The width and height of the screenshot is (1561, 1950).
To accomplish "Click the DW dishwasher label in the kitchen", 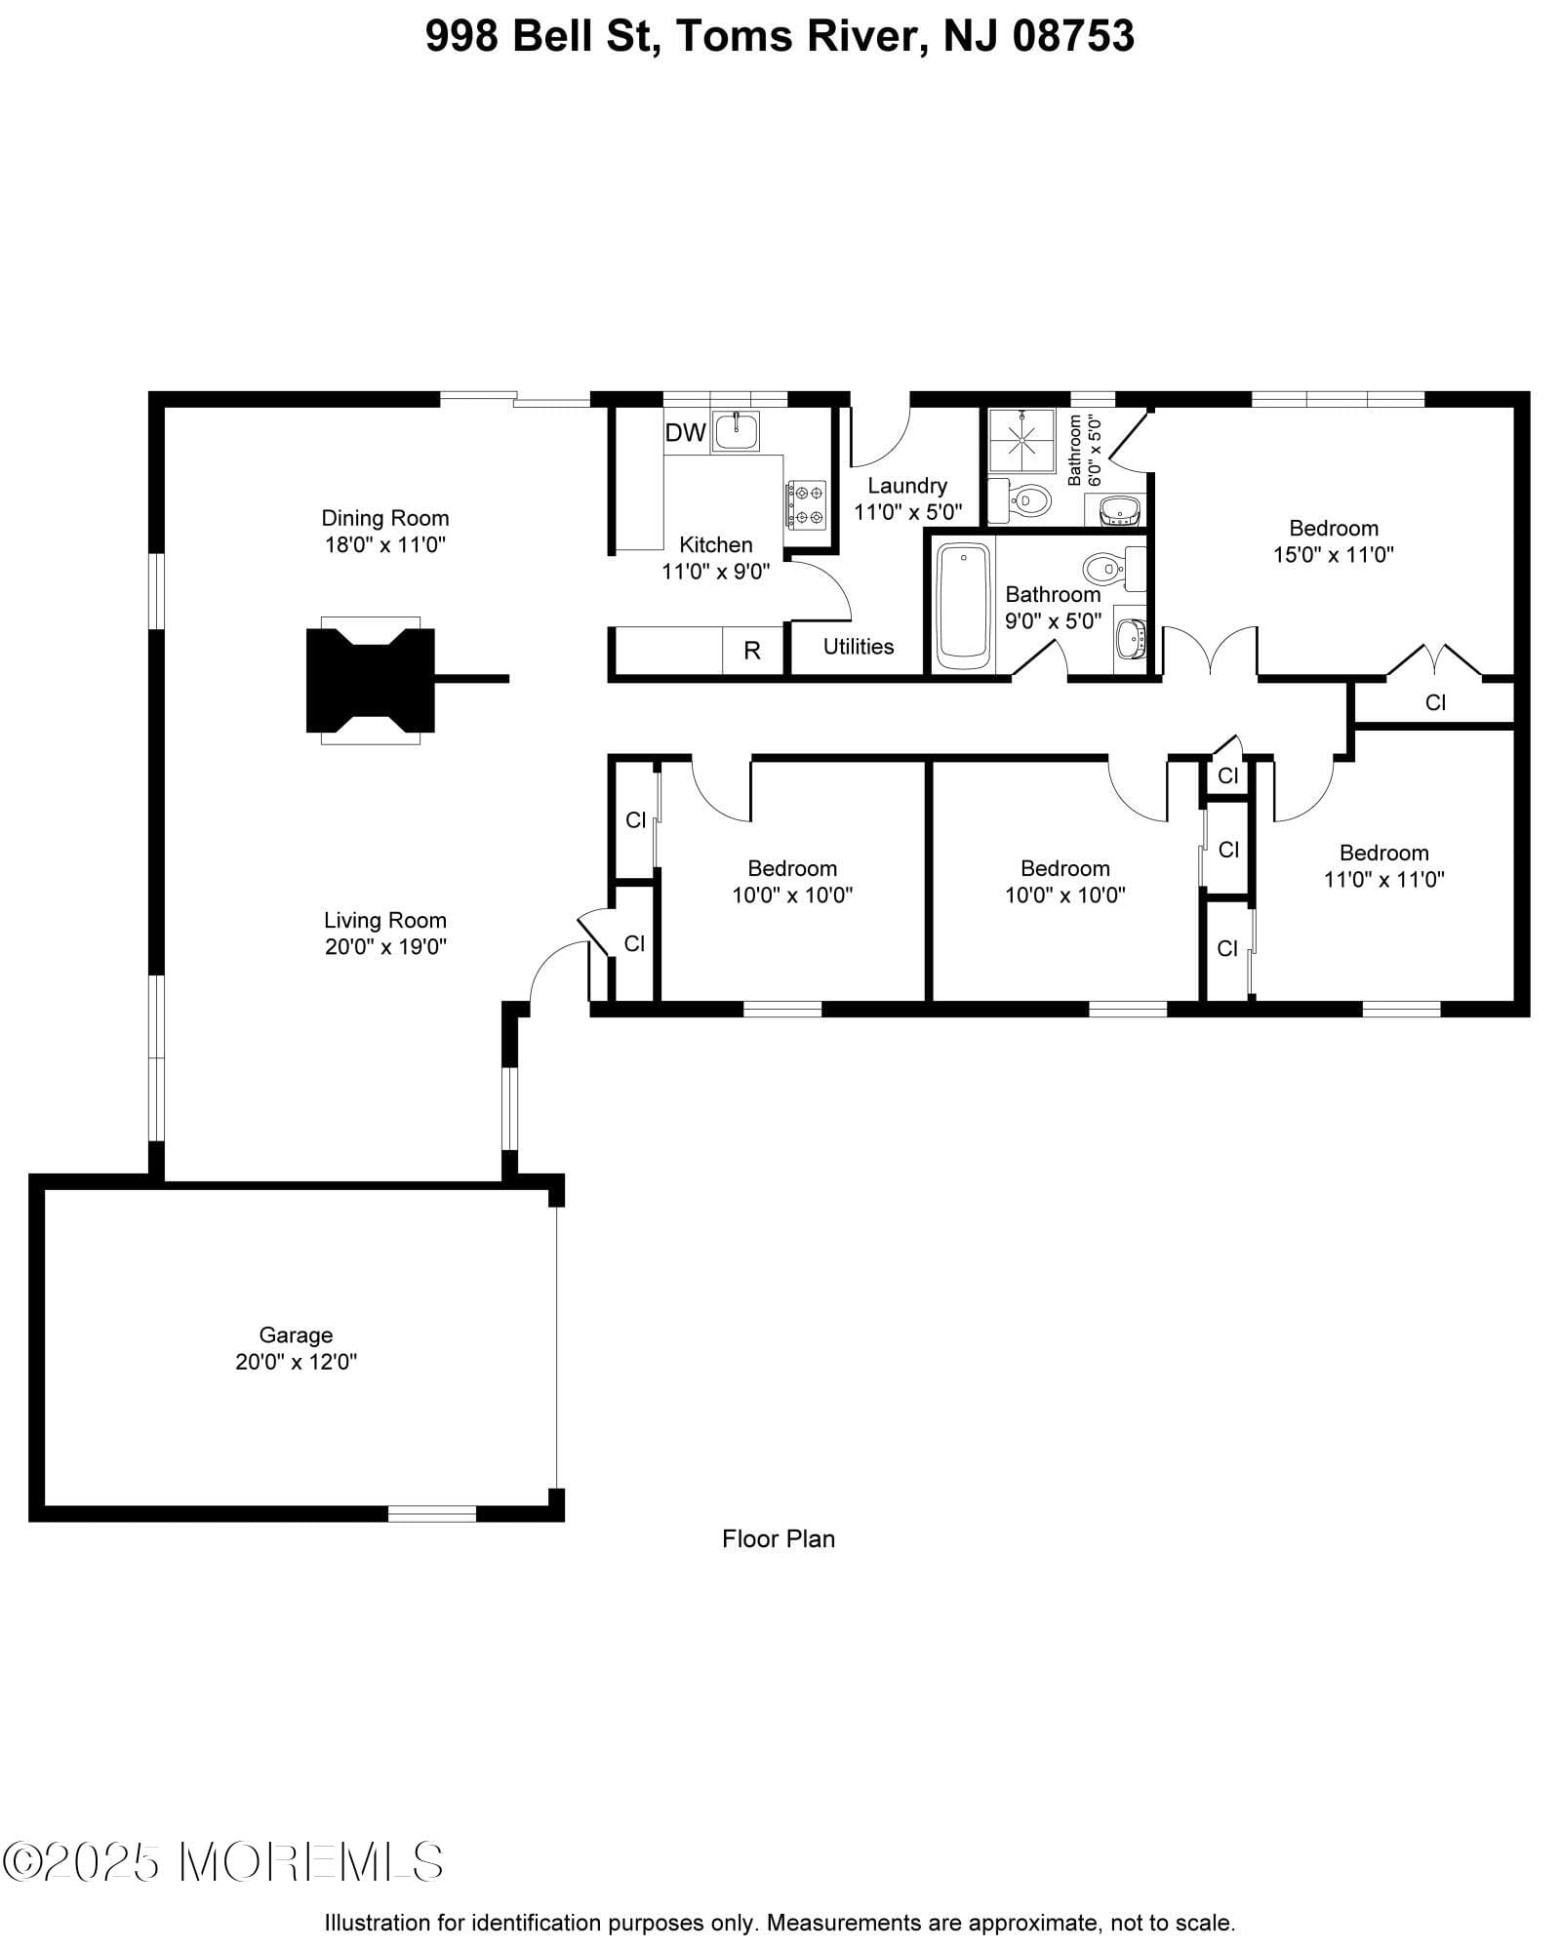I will (685, 433).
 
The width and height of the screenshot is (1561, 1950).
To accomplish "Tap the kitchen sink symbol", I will (736, 431).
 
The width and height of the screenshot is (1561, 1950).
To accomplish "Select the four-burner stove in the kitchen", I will (806, 505).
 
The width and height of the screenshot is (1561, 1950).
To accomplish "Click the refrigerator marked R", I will (752, 651).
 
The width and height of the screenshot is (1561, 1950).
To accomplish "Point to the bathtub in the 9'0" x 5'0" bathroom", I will (963, 606).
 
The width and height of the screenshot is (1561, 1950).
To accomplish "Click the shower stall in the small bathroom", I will (1021, 441).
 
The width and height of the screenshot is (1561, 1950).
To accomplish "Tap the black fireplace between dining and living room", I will (371, 680).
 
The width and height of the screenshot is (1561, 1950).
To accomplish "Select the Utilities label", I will (859, 647).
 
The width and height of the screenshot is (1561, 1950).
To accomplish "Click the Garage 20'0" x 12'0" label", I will (296, 1348).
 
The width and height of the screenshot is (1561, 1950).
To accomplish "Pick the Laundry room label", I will (907, 486).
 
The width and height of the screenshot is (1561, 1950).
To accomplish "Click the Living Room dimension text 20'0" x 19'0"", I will (385, 946).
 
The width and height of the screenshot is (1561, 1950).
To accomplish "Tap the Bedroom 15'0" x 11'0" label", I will (1333, 541).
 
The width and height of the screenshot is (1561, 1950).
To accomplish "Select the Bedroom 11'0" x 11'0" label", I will (1383, 866).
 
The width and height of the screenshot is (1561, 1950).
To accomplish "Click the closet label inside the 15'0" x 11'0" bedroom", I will (1435, 702).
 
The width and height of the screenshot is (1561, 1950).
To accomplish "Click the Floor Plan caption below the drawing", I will (779, 1538).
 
